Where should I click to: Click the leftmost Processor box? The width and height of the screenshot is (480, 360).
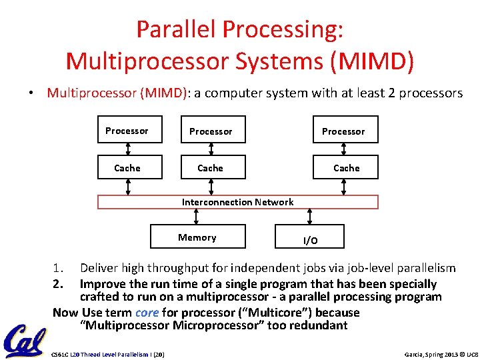[x=127, y=131]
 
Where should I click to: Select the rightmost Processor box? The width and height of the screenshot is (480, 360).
[x=343, y=131]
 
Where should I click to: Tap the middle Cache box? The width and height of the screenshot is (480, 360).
[x=211, y=168]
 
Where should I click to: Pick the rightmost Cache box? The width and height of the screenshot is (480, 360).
[x=346, y=168]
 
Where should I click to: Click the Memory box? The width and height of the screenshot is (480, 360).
[x=197, y=237]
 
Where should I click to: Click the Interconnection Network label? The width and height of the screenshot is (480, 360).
[x=237, y=202]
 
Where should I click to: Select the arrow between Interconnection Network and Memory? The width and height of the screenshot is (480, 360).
[x=196, y=217]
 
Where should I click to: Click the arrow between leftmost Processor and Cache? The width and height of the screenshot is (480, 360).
[x=127, y=149]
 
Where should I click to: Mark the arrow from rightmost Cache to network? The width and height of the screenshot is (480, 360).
[x=345, y=187]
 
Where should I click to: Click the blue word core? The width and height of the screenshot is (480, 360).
[x=147, y=313]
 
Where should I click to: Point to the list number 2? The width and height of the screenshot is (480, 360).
[x=58, y=284]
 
